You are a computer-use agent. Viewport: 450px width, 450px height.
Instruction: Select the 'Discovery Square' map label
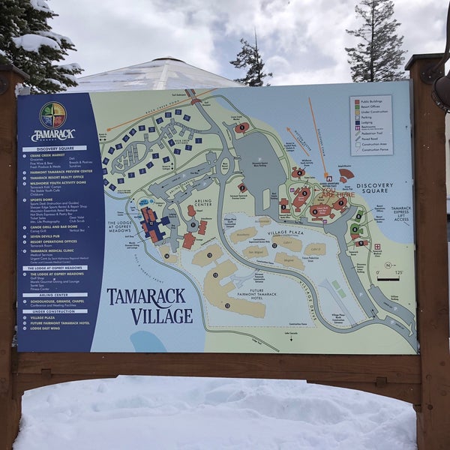374,187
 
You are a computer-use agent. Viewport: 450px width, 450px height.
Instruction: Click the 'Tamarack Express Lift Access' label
400,214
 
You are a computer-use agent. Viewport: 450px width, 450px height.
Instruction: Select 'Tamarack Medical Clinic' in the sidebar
52,250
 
